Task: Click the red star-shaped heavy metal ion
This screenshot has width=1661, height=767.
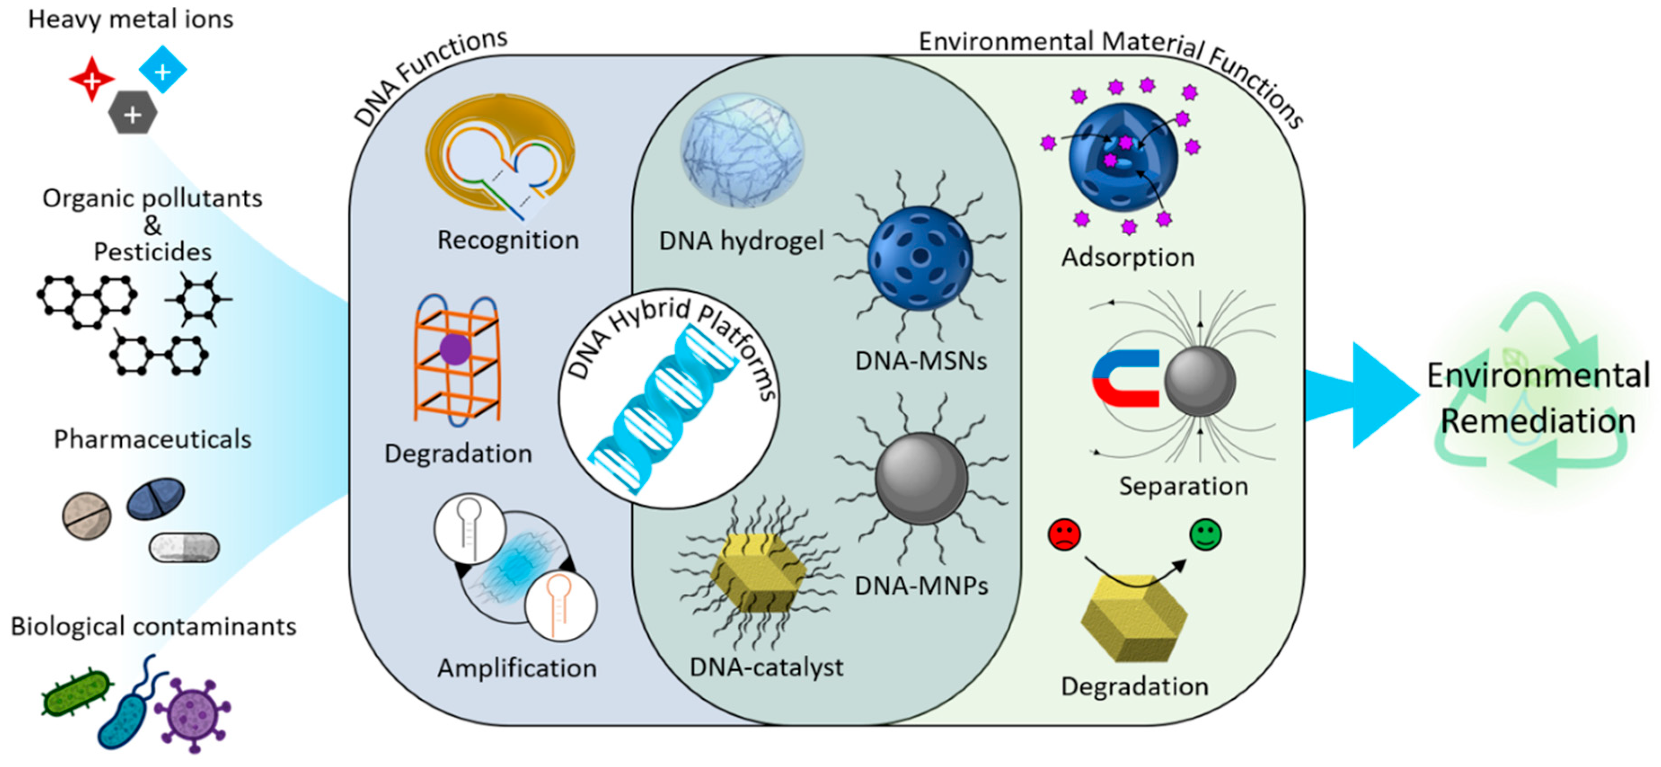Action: pos(92,80)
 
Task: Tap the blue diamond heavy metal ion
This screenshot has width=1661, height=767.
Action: pos(163,70)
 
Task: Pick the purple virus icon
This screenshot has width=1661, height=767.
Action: pos(193,714)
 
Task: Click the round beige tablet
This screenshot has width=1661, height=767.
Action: pos(86,516)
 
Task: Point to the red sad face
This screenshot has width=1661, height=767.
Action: pos(1065,535)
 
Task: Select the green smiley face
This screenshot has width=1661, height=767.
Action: pos(1205,535)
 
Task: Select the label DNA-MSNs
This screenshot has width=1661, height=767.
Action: pos(921,361)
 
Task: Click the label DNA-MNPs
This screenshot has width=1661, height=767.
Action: pos(921,585)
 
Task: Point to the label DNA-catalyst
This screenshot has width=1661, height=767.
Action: pos(767,667)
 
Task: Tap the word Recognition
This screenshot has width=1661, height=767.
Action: pos(508,240)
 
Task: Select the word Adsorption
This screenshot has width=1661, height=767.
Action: pos(1128,257)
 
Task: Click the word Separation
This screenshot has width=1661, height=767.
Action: pos(1183,486)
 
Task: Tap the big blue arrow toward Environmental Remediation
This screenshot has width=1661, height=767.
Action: pos(1361,395)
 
